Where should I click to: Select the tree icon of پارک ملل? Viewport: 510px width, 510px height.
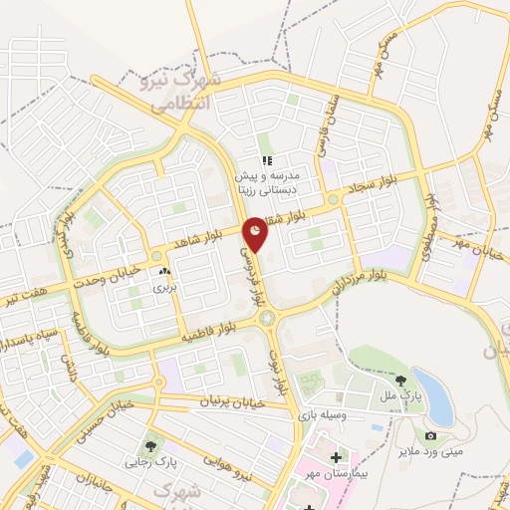(400, 380)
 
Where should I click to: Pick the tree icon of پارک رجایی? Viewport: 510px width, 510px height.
(151, 446)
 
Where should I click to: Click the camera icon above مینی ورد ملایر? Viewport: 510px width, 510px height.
(430, 436)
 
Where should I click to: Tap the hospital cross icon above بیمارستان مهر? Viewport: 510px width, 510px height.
(336, 457)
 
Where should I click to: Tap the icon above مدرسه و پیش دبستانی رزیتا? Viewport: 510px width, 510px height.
(267, 160)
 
